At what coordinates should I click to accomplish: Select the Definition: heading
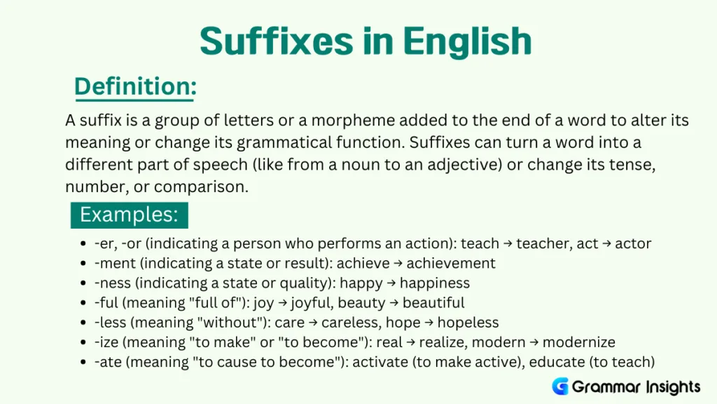135,87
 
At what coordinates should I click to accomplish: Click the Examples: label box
130,214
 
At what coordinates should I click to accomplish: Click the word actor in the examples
633,244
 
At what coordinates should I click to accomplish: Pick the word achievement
451,264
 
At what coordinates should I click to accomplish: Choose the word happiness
434,283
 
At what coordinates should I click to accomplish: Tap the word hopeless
469,323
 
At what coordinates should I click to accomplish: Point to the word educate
557,362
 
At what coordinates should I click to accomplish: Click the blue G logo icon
560,386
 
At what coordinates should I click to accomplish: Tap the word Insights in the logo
669,386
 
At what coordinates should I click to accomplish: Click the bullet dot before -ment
84,264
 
